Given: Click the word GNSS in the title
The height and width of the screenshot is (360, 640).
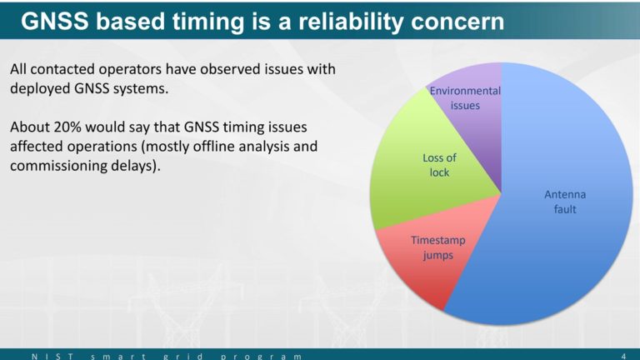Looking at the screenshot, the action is (55, 21).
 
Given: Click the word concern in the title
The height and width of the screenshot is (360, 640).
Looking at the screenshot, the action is (457, 22).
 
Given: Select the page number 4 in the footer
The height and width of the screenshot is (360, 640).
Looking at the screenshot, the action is (623, 357).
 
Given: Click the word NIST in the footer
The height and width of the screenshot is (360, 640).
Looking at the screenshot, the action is (52, 357).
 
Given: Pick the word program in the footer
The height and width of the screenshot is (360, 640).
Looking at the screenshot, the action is (262, 357).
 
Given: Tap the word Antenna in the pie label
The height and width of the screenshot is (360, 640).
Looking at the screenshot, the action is (565, 195).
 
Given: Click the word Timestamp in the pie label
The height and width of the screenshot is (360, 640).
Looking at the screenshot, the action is (438, 240).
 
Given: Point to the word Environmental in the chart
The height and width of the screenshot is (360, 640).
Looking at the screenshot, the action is (465, 91).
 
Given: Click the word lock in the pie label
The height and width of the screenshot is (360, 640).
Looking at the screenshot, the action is (439, 172).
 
